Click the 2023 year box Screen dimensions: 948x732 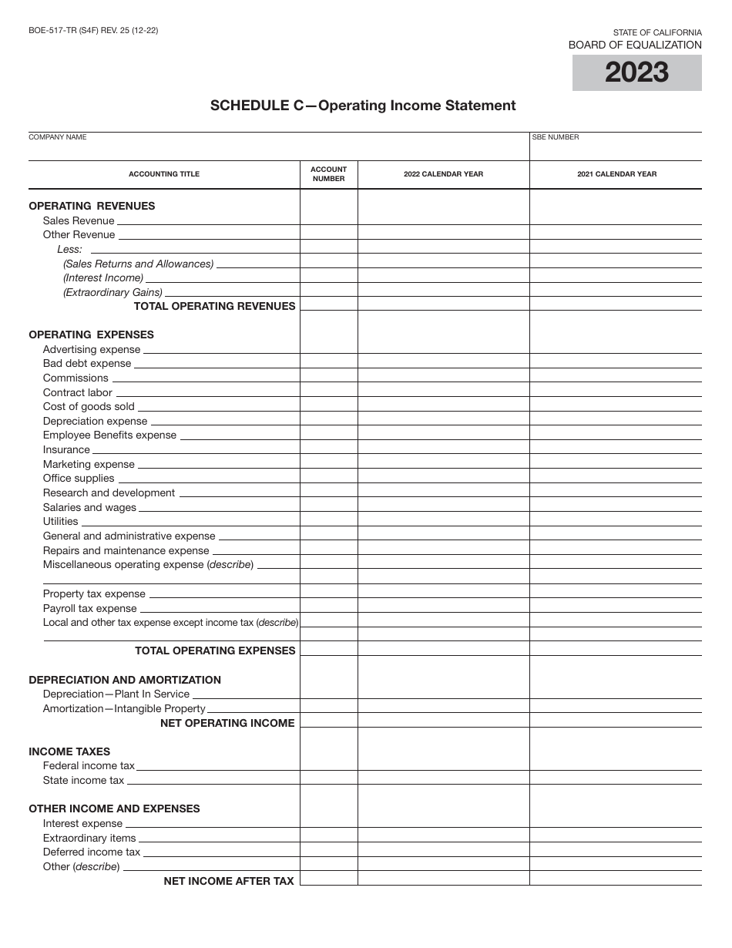point(636,72)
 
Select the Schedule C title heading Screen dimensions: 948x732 point(363,106)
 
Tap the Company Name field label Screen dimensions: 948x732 point(58,137)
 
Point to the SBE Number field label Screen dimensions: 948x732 point(555,137)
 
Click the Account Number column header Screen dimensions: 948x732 point(329,174)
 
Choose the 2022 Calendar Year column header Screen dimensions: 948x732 point(443,174)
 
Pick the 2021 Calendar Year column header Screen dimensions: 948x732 point(616,174)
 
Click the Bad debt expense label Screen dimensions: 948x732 point(87,363)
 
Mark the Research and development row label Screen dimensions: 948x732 point(109,492)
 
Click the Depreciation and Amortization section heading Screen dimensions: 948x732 point(125,680)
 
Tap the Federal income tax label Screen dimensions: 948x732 point(89,765)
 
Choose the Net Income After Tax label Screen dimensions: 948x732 point(229,881)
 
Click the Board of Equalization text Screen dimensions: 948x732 point(635,45)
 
